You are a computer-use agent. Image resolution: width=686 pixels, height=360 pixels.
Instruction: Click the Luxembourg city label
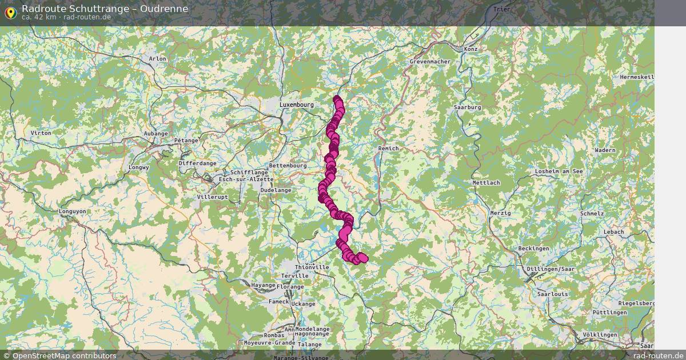point(297,105)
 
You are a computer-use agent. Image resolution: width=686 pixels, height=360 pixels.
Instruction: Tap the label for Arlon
point(157,58)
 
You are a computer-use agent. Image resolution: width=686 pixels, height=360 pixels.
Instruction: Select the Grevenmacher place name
point(430,62)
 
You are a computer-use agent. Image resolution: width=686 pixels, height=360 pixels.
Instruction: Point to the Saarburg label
point(467,107)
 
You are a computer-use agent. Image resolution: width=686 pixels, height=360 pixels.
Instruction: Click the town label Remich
point(388,149)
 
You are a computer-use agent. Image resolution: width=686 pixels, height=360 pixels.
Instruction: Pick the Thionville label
point(312,267)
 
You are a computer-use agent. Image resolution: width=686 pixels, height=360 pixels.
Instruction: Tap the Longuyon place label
point(73,211)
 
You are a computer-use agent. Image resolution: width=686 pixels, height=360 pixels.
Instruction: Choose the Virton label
point(41,133)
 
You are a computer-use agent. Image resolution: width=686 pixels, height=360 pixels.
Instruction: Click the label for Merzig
point(500,213)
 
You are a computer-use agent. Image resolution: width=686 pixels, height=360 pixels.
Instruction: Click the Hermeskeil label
point(636,77)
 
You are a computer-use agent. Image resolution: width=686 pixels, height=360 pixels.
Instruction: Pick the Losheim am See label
point(559,171)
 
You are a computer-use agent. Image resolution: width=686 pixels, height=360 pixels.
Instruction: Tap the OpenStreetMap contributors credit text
point(64,356)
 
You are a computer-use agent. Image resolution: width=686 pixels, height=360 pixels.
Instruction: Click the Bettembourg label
point(288,166)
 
